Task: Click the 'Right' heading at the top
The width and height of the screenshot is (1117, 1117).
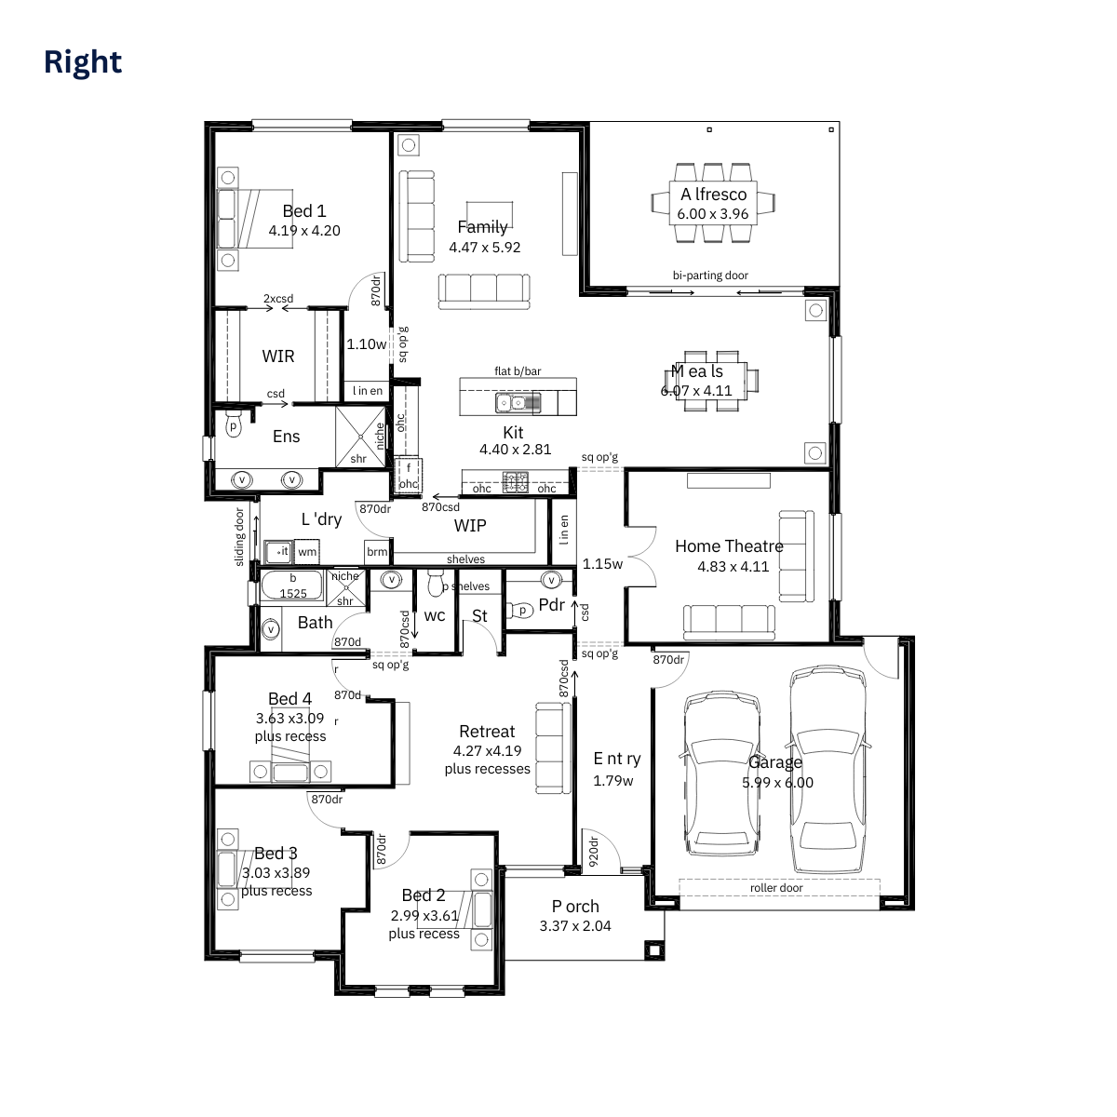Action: click(83, 61)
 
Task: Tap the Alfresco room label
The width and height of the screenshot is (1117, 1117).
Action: click(713, 195)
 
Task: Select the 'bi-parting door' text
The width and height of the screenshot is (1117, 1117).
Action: click(710, 276)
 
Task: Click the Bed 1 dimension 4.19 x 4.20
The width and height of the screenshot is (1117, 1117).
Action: click(304, 231)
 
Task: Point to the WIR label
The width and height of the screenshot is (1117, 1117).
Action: click(277, 357)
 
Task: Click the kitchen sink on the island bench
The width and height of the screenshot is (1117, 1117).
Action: click(518, 403)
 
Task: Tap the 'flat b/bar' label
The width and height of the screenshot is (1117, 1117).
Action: click(518, 371)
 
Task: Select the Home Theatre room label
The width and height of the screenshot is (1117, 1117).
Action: click(729, 546)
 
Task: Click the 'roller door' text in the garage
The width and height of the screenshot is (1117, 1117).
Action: click(776, 888)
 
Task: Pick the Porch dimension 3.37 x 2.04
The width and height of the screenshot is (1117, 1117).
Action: click(575, 926)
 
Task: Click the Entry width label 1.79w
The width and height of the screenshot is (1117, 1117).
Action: click(613, 781)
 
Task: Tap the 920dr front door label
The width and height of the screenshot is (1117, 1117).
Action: click(593, 852)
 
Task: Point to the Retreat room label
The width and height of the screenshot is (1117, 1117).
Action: click(487, 732)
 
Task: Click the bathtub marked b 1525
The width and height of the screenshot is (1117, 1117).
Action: click(292, 586)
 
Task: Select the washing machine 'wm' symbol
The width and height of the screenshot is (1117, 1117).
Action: click(307, 552)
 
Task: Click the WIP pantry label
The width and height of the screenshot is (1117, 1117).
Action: click(470, 526)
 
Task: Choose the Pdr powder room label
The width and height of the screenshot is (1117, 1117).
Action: click(551, 605)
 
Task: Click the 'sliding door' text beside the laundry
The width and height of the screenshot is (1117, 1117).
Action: click(240, 537)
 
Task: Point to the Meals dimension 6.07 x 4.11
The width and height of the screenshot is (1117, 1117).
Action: click(696, 391)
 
